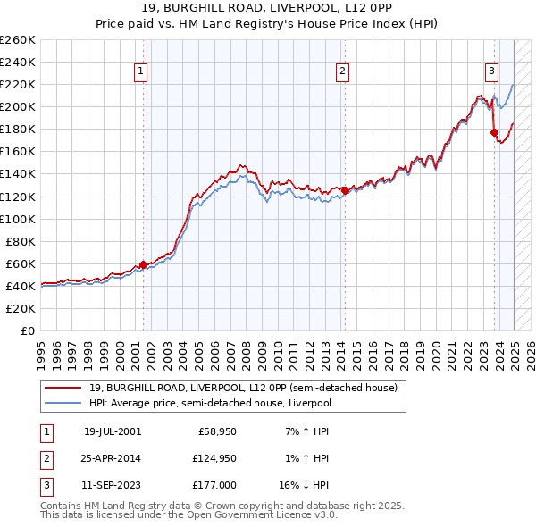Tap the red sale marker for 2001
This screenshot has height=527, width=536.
point(143,264)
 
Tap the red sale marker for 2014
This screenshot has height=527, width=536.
point(345,190)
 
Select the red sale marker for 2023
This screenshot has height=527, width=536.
point(494,132)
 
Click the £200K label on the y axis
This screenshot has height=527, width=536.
point(18,106)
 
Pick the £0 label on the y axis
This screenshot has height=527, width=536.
point(27,330)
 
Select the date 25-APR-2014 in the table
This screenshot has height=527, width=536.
point(112,458)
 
